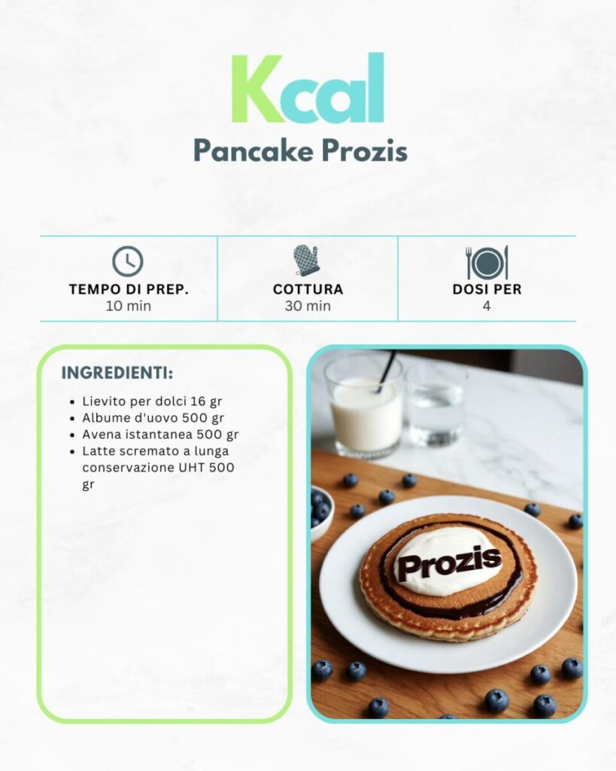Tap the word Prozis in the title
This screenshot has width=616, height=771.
point(364,151)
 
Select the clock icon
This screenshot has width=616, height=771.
point(128,261)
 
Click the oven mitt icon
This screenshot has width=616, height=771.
point(307,261)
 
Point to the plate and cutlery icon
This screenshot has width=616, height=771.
point(487,262)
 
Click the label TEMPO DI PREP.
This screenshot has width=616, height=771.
point(128,289)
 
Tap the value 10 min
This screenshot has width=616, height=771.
point(128,306)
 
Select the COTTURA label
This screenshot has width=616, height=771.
point(308,289)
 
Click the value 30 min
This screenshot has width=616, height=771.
point(308,306)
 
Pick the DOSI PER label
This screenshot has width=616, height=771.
point(487,289)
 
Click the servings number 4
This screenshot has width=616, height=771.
point(487,306)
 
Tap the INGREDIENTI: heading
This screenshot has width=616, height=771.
point(117,373)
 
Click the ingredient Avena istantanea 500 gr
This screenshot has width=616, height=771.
point(160,434)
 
